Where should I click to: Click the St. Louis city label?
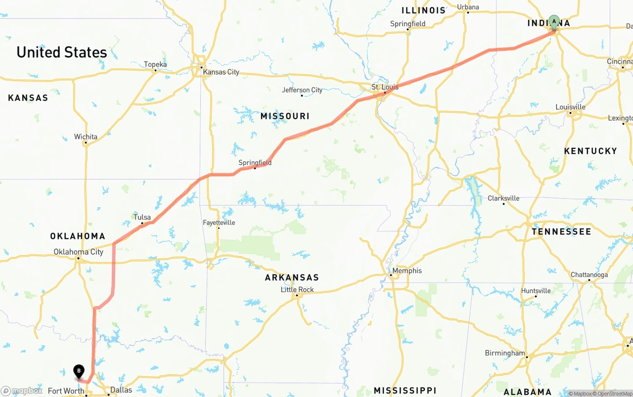pos(385,87)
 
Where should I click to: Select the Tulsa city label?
pos(142,217)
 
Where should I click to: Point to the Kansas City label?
pos(221,72)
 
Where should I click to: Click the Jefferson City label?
pos(302,90)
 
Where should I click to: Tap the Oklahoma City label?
pos(79,252)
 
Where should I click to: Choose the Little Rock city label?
pos(297,290)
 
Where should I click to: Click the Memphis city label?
pos(407,271)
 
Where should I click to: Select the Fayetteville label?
pos(219,223)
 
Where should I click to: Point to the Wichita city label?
pos(86,137)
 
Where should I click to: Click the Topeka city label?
pos(155,64)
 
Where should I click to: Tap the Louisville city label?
pos(570,107)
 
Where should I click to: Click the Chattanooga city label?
pos(589,275)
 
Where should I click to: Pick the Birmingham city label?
pos(505,353)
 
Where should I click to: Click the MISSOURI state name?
pos(285,116)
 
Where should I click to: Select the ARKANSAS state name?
pos(292,277)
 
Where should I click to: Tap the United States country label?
pos(62,52)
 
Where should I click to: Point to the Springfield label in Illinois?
pos(407,24)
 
